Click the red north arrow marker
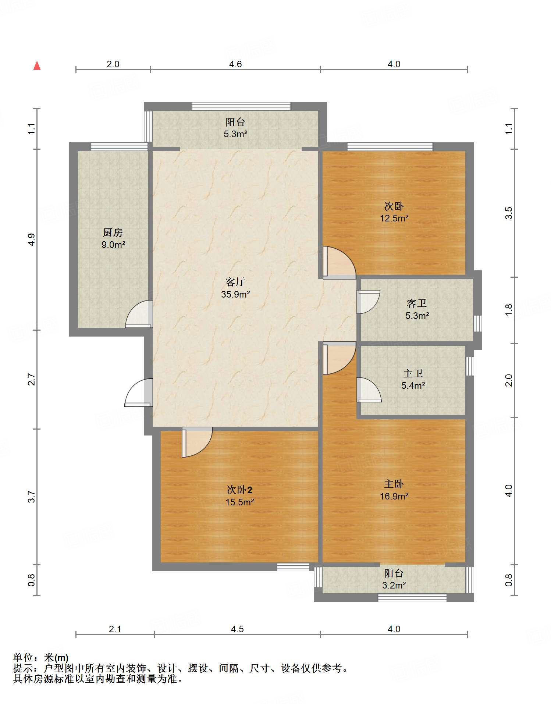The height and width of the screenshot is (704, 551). click(37, 65)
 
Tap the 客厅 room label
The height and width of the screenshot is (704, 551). click(235, 282)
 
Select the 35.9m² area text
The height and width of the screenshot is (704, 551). click(235, 294)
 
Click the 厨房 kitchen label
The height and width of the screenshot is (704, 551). click(113, 232)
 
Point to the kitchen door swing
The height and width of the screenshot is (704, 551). click(139, 314)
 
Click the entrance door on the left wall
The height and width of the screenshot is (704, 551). click(139, 392)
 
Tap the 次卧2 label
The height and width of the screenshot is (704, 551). click(239, 490)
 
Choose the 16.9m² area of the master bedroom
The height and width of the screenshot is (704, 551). click(394, 496)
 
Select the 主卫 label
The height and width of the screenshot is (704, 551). click(413, 373)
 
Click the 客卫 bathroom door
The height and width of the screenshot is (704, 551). click(368, 302)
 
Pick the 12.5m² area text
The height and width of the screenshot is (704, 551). click(394, 218)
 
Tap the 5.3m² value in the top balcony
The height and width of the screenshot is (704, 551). click(235, 134)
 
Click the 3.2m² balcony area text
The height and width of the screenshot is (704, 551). click(394, 585)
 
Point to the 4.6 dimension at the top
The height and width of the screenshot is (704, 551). click(235, 64)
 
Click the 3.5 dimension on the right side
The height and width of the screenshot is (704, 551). click(509, 213)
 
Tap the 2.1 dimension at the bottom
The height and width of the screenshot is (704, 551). click(115, 629)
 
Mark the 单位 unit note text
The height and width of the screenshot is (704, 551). click(41, 657)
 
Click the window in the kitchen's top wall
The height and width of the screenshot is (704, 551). click(119, 147)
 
